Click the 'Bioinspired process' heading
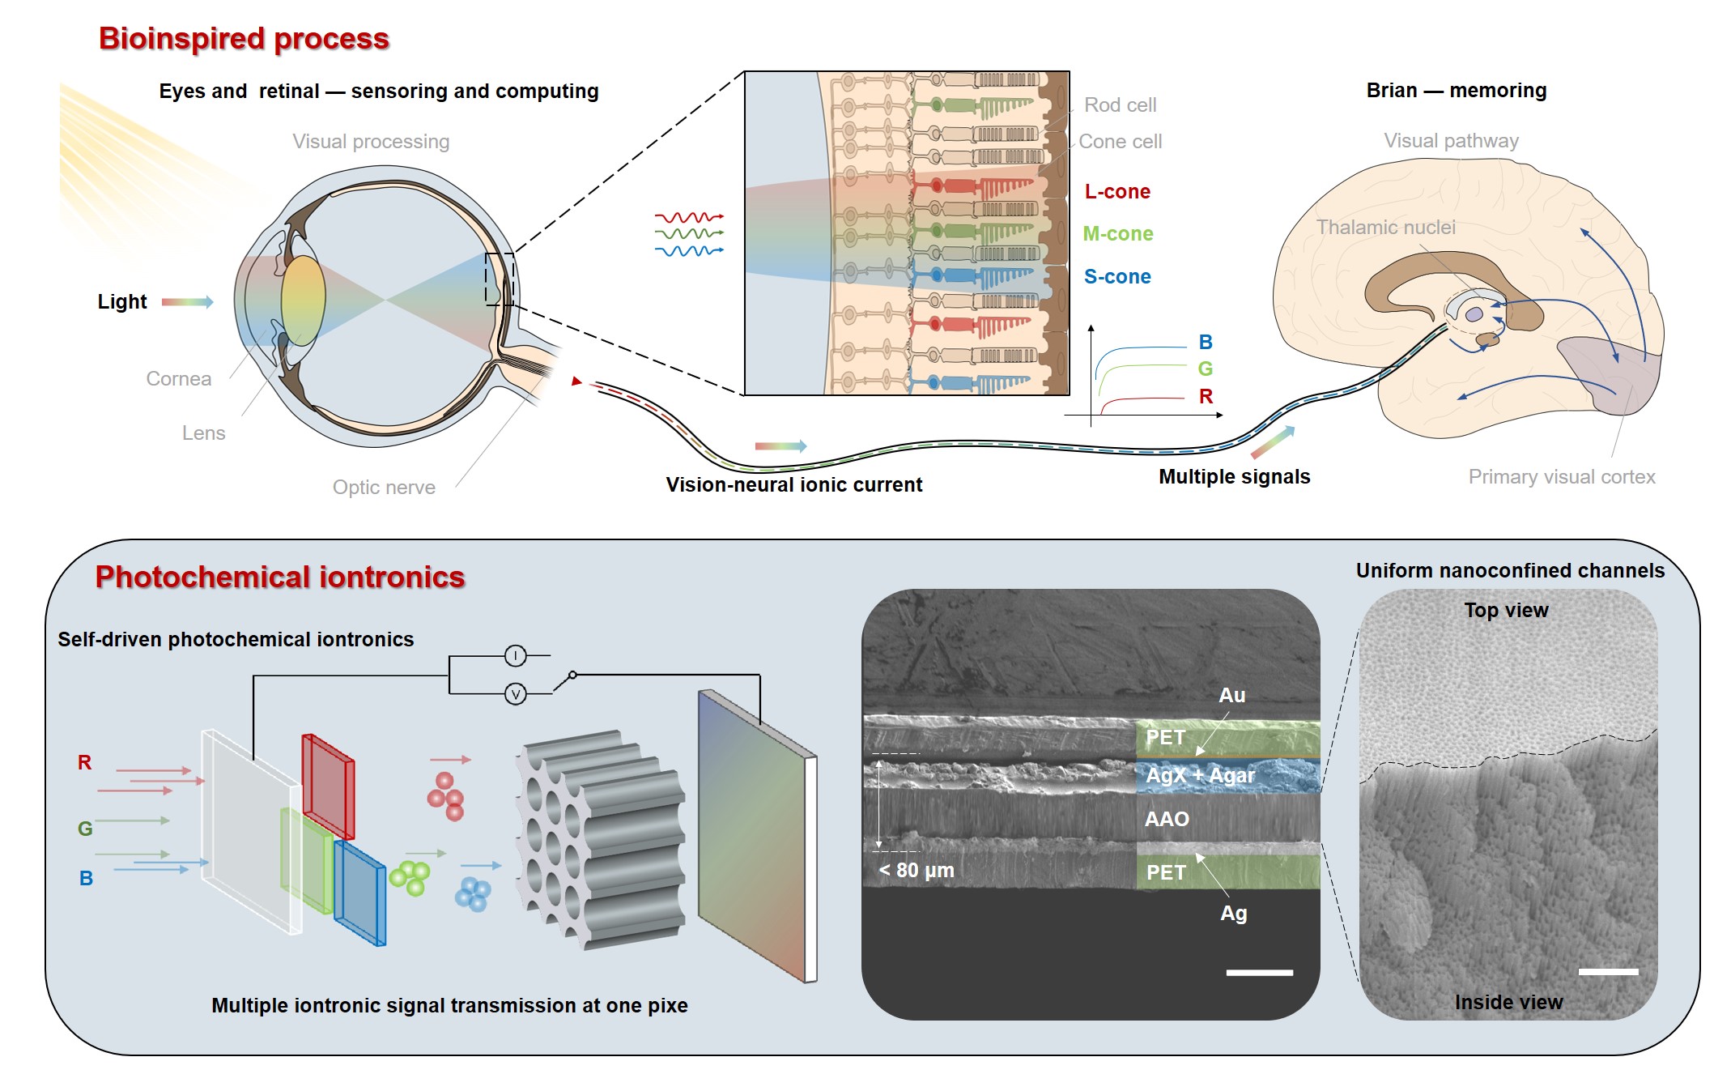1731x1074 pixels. (x=244, y=39)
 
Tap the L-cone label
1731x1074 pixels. (x=1117, y=192)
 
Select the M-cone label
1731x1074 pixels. (x=1117, y=234)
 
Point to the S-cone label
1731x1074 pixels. (x=1117, y=277)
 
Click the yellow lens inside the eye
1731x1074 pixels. (x=304, y=300)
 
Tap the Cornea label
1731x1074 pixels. (x=178, y=379)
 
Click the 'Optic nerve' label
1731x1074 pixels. (x=384, y=488)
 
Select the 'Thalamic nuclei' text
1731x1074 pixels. (x=1385, y=228)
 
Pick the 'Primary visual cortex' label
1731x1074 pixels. (x=1561, y=477)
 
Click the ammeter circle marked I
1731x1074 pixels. (x=515, y=655)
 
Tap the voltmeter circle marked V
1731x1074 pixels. (x=515, y=694)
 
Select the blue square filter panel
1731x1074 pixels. (x=360, y=893)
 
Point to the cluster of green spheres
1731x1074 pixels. (x=410, y=878)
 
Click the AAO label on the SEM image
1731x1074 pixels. (x=1167, y=819)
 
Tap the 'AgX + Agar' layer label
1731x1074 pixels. (x=1200, y=776)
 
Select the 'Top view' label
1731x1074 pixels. (x=1506, y=611)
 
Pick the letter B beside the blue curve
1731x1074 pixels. (x=1206, y=342)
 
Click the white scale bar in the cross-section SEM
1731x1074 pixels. (x=1259, y=972)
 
